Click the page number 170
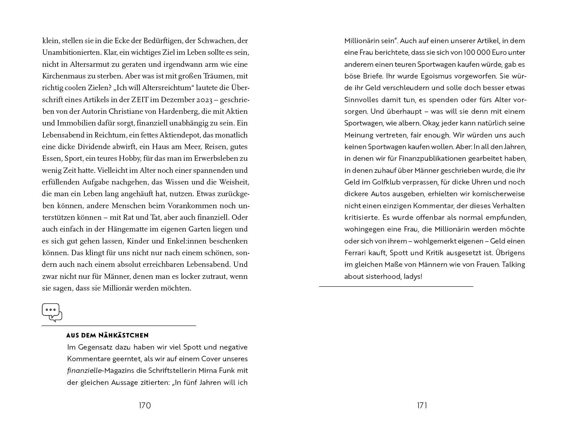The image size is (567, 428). [145, 405]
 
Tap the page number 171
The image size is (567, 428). [422, 405]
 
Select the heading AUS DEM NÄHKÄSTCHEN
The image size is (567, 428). [107, 335]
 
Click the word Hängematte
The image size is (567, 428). [129, 229]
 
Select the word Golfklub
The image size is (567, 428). [386, 182]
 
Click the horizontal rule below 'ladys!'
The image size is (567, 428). [396, 286]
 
